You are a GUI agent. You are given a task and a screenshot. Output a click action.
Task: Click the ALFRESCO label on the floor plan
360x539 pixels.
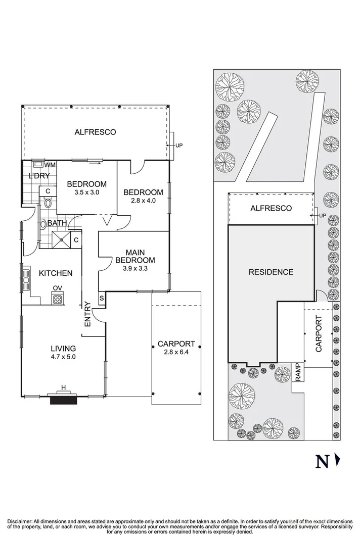pyautogui.click(x=95, y=132)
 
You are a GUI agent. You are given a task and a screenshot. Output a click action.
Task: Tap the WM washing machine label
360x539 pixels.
pyautogui.click(x=50, y=165)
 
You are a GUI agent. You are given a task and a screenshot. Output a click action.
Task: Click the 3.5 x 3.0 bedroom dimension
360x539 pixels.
pyautogui.click(x=87, y=192)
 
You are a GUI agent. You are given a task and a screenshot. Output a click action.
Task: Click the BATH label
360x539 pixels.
pyautogui.click(x=58, y=223)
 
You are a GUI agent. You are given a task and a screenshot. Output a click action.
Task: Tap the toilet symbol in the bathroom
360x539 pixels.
pyautogui.click(x=48, y=204)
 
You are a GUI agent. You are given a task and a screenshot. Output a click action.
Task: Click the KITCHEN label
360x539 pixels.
pyautogui.click(x=56, y=273)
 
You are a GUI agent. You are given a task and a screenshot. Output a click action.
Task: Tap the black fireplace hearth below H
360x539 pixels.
pyautogui.click(x=63, y=400)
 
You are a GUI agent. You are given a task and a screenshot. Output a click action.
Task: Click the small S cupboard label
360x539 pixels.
pyautogui.click(x=102, y=298)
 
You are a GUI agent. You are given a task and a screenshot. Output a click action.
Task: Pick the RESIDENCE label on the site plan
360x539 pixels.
pyautogui.click(x=271, y=272)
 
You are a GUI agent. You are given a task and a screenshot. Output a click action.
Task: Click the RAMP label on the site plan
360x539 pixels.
pyautogui.click(x=298, y=372)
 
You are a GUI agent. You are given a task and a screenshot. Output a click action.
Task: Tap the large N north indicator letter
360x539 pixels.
pyautogui.click(x=321, y=462)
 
